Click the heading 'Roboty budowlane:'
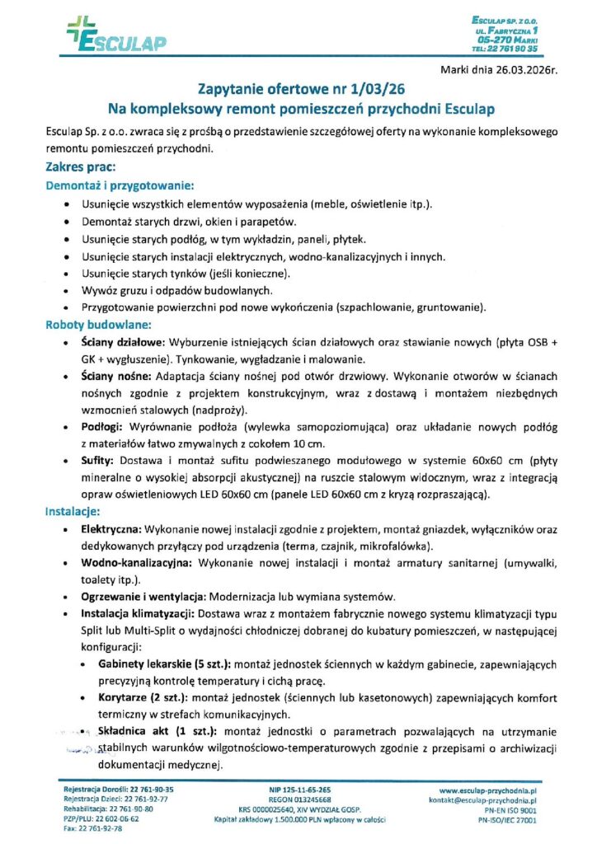tap(96, 325)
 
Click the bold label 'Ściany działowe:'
tap(125, 342)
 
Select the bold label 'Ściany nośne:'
tap(115, 373)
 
